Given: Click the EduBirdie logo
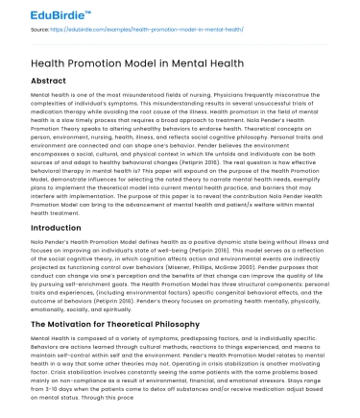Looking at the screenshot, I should pos(38,13).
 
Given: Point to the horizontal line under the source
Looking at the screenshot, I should pos(180,39).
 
